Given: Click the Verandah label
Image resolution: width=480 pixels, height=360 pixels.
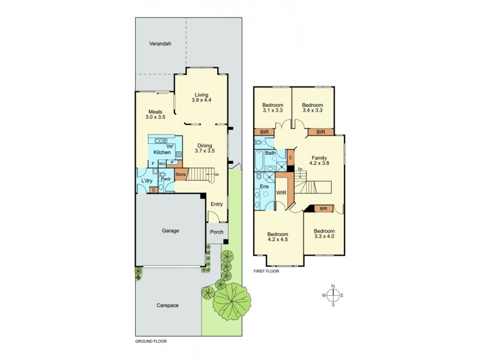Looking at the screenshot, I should [x=161, y=44].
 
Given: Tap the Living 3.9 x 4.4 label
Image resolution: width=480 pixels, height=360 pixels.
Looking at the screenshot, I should [x=202, y=97].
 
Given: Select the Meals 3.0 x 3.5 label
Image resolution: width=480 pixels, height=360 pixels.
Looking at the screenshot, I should [x=155, y=114].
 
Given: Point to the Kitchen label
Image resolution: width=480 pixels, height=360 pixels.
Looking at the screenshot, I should [x=163, y=152].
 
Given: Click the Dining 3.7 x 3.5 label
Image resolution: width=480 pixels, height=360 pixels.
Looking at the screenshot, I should [x=205, y=148].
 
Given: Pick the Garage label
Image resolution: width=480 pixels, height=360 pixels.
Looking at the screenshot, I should [x=171, y=230].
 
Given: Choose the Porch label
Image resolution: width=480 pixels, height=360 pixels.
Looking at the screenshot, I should [x=216, y=232].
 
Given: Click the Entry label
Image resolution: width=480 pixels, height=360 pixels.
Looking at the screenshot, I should [x=217, y=204].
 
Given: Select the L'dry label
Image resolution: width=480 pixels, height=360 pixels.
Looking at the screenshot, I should [x=146, y=181].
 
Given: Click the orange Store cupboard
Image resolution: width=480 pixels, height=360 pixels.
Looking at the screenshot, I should [x=181, y=175].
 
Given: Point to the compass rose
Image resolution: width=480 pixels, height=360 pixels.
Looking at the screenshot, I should [x=333, y=295].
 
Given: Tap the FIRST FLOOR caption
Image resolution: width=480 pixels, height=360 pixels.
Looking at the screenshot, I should [x=267, y=271].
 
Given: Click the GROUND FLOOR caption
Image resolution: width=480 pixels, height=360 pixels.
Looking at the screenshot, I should [x=151, y=341].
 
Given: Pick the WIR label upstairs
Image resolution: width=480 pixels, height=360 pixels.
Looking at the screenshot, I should [x=280, y=193].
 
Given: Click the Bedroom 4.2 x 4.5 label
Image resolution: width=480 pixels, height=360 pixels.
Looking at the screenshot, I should [x=277, y=237].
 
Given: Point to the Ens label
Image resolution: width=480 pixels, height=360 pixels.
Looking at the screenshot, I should [x=265, y=187].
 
